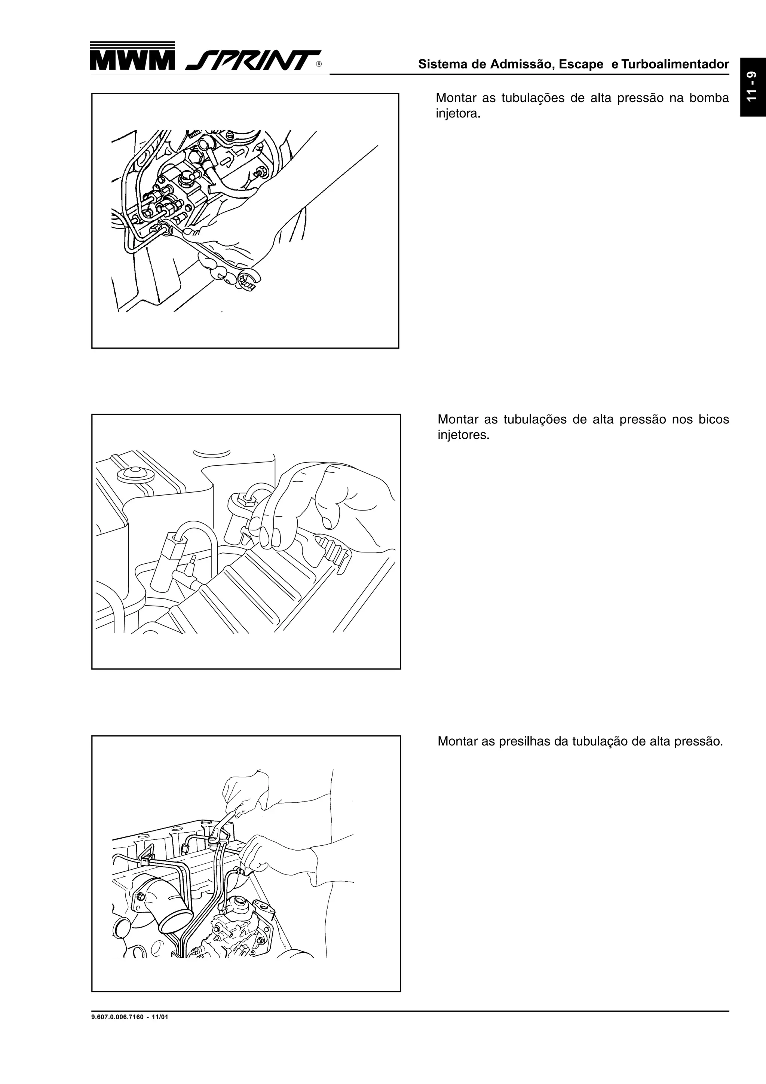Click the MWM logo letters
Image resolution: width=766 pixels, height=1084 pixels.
132,61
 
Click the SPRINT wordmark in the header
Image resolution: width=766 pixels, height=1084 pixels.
250,61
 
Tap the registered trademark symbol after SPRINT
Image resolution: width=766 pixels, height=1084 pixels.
319,65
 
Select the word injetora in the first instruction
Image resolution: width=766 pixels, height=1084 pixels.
456,114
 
